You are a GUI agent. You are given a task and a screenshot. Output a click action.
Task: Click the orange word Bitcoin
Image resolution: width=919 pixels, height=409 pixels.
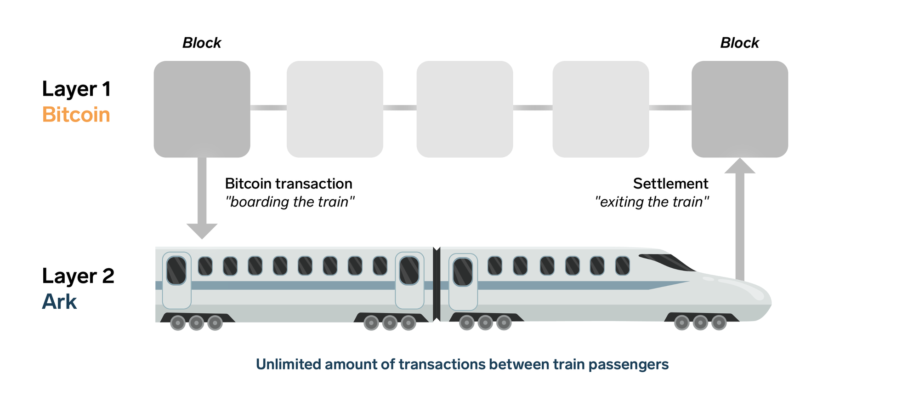pos(76,115)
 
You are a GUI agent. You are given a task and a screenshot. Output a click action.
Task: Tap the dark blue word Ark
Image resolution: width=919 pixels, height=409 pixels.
pos(59,302)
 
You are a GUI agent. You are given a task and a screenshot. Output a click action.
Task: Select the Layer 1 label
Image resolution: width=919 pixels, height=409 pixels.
pos(76,89)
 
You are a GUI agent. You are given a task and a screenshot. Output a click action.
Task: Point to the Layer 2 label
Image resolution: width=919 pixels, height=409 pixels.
pos(78,276)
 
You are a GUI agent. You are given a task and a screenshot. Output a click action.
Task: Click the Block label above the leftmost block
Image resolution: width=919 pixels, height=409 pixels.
pos(202,43)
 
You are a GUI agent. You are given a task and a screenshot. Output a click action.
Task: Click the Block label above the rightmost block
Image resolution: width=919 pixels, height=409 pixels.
pos(739,43)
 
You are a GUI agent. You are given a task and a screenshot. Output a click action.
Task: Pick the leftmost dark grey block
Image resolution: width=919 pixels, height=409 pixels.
pos(202,109)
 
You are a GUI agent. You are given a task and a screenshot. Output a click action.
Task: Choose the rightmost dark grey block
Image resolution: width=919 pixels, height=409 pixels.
pos(739,109)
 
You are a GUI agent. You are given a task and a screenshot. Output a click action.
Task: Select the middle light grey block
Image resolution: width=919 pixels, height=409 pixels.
pos(465,109)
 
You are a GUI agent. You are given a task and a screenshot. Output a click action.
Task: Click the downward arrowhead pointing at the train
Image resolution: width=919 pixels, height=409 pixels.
pos(202,230)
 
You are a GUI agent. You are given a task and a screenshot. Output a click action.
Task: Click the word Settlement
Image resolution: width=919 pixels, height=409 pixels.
pos(670,184)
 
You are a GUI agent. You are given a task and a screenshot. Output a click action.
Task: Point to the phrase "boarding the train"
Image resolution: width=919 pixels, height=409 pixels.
pos(290,202)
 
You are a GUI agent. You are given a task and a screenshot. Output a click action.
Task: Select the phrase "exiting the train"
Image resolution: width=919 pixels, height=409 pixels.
pos(652,202)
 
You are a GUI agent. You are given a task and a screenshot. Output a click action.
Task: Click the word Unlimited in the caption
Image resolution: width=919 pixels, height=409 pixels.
pos(288,364)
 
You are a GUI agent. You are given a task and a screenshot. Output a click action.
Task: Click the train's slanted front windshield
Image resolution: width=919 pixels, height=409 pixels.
pos(669,262)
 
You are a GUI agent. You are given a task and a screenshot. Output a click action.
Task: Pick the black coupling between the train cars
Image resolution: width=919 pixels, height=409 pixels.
pos(437,284)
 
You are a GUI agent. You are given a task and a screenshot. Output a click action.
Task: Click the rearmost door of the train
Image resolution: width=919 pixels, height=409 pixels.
pos(176,280)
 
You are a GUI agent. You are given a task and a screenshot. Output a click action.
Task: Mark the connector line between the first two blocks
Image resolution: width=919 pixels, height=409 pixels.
pos(268,108)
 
